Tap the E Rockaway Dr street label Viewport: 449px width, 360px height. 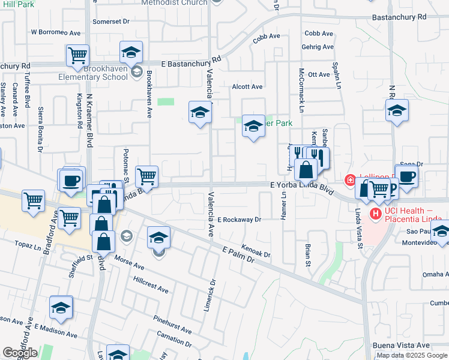(x=240, y=220)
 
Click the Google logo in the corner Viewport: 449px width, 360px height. (x=20, y=353)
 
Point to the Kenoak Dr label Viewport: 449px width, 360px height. (x=256, y=251)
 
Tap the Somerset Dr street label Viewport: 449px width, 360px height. (x=111, y=21)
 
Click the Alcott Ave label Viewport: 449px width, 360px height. (x=247, y=87)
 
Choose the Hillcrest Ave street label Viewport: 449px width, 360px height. (x=151, y=284)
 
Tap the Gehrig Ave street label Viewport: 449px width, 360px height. (x=319, y=47)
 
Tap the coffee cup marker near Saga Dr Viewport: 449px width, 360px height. (x=406, y=176)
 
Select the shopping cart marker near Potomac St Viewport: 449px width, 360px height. (x=147, y=176)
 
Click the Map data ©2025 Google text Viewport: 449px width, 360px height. (x=412, y=355)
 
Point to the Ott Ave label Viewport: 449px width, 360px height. (x=319, y=74)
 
